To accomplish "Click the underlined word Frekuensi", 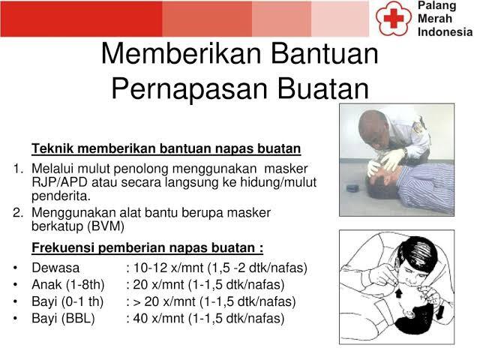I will point(62,248).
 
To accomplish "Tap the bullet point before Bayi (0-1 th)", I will point(16,302).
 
